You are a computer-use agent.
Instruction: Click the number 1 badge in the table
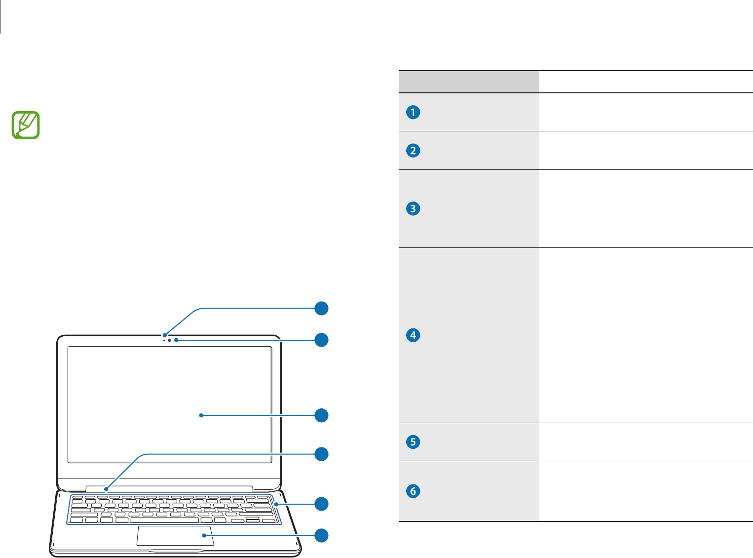tap(413, 112)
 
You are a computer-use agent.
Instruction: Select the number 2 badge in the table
tap(413, 150)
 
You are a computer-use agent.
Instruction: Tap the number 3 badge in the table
tap(413, 208)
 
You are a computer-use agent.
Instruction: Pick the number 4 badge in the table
tap(413, 335)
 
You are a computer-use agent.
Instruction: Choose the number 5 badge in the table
tap(413, 441)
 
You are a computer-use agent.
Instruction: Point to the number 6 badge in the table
tap(413, 491)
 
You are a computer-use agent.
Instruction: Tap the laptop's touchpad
tap(175, 536)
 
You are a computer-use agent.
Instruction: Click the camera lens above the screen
tap(169, 340)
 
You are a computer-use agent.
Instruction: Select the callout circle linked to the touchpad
tap(322, 535)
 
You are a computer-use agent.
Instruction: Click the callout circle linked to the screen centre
tap(322, 415)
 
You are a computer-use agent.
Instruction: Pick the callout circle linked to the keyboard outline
tap(322, 504)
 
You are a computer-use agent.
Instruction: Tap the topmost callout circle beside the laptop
tap(322, 309)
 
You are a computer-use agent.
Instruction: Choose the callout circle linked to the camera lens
tap(322, 340)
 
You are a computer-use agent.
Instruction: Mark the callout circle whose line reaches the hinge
tap(322, 454)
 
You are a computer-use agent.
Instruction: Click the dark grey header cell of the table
tap(469, 82)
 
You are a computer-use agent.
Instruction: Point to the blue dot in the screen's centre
tap(201, 416)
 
